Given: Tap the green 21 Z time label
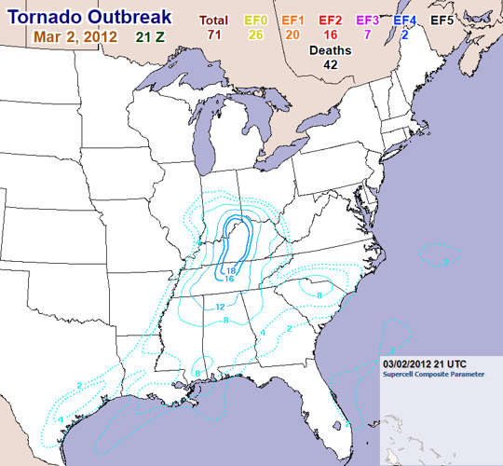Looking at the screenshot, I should tap(155, 37).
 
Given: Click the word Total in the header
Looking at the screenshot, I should tap(214, 20).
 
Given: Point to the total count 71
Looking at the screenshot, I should tap(214, 34).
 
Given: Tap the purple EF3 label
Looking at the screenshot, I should tap(367, 20).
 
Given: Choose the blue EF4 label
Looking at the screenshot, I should tap(404, 20).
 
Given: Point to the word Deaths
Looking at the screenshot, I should tap(331, 50).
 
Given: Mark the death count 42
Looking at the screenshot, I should tap(331, 65).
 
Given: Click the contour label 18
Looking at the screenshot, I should tap(231, 270).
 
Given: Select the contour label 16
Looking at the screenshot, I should tap(228, 279).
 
